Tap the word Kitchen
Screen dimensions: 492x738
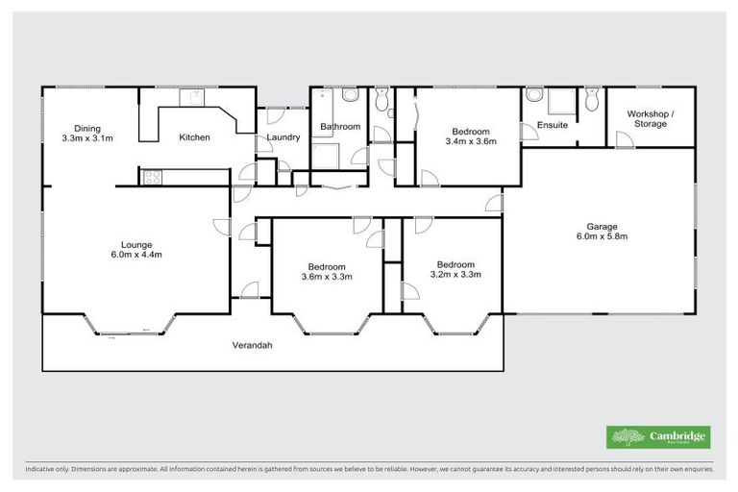[194, 137]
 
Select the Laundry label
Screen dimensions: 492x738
[283, 137]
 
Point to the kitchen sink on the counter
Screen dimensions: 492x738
[193, 96]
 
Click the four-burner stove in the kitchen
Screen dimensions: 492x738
[152, 176]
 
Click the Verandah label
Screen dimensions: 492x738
[253, 345]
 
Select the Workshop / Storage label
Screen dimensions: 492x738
[651, 118]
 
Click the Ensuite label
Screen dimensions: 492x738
[552, 125]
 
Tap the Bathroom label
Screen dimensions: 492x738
[340, 127]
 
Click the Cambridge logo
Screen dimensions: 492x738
[658, 437]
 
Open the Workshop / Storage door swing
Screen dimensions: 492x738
[624, 139]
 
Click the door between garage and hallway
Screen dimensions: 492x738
[494, 203]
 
